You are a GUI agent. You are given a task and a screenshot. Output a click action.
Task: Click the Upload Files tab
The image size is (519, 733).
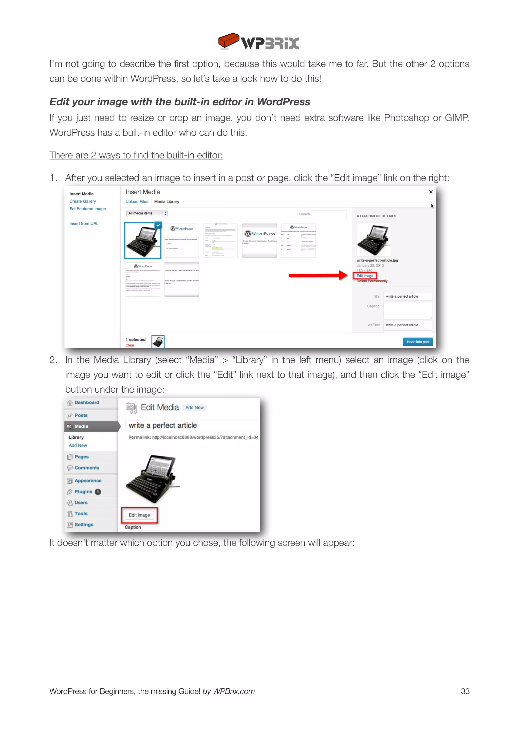point(137,202)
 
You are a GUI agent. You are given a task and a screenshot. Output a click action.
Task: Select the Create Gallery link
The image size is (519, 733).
point(82,201)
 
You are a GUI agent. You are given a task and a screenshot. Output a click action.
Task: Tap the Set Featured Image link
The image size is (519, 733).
point(88,209)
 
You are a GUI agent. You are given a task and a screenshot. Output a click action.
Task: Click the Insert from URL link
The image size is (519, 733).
point(84,224)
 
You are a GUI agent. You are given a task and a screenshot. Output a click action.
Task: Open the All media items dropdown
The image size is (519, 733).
point(147,214)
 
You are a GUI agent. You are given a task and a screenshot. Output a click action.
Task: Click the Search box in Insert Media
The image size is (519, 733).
point(322,214)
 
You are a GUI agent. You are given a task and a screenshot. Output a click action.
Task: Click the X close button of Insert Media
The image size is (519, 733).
point(431,192)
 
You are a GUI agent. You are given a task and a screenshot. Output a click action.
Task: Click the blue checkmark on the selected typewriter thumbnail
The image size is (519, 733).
point(158,225)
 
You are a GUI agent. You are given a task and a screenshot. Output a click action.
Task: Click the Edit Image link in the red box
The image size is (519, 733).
point(365,276)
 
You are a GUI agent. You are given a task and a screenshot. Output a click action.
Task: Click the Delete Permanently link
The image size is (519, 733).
point(372,281)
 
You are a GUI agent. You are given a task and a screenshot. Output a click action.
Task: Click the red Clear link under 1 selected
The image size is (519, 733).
point(130,345)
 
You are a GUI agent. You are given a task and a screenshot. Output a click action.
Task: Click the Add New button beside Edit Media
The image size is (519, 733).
point(194,408)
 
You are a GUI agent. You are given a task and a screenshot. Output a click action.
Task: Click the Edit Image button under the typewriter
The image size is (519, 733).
point(139,515)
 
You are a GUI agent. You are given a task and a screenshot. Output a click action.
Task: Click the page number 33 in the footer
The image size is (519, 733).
point(465,691)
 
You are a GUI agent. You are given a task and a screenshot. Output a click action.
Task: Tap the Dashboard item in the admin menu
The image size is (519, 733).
point(87,403)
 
